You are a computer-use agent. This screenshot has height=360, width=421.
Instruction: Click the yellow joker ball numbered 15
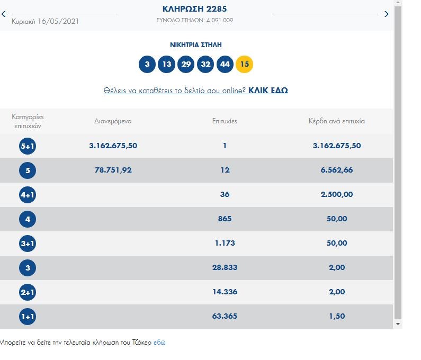(244, 65)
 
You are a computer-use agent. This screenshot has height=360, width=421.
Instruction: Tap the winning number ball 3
(147, 65)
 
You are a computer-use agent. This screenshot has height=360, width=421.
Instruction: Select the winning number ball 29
(186, 65)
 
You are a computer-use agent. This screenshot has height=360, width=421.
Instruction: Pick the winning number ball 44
(225, 65)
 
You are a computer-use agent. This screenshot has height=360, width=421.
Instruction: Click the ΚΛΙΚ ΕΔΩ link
(268, 91)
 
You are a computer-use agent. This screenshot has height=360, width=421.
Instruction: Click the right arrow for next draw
(387, 14)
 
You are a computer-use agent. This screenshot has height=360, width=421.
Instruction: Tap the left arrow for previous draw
(3, 14)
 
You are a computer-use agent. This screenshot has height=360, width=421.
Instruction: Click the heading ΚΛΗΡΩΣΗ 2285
(195, 9)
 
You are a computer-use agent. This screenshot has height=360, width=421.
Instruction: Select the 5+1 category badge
(28, 146)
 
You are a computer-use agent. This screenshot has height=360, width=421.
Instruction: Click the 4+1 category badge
(28, 195)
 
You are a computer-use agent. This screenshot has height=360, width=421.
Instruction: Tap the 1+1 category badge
(28, 317)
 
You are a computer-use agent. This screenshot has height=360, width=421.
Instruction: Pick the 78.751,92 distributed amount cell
(113, 170)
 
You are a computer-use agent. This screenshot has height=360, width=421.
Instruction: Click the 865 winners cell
(225, 219)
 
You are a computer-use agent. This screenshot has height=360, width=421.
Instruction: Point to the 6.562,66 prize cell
(337, 170)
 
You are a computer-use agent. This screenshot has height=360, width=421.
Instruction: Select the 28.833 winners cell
(225, 267)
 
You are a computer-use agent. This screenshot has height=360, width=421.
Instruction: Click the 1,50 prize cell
(337, 316)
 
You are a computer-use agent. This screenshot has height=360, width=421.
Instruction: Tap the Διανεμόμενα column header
(113, 121)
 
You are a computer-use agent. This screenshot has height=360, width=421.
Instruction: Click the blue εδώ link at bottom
(159, 343)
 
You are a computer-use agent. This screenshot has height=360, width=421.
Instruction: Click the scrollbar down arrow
(398, 323)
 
